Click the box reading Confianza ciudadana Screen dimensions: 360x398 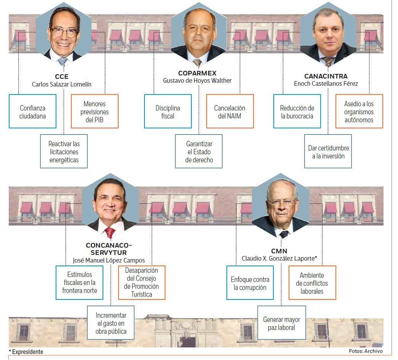32,111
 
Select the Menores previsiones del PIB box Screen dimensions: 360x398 95,111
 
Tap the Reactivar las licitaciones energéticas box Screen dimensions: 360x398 64,152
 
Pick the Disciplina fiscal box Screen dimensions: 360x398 168,111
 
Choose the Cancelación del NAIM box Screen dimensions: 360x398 230,111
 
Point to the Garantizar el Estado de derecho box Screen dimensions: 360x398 199,152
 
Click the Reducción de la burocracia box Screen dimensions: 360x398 297,111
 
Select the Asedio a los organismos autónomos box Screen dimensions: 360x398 359,111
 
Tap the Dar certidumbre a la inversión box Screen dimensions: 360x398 328,152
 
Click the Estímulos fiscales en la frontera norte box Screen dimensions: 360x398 80,282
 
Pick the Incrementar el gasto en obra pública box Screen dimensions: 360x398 111,323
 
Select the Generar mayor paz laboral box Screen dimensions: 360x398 281,323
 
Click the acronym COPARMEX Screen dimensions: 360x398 197,73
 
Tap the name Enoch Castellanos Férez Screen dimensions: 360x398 326,83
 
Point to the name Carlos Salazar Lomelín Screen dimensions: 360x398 62,84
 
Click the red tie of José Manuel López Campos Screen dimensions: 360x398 110,232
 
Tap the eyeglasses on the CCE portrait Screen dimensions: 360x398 64,32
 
